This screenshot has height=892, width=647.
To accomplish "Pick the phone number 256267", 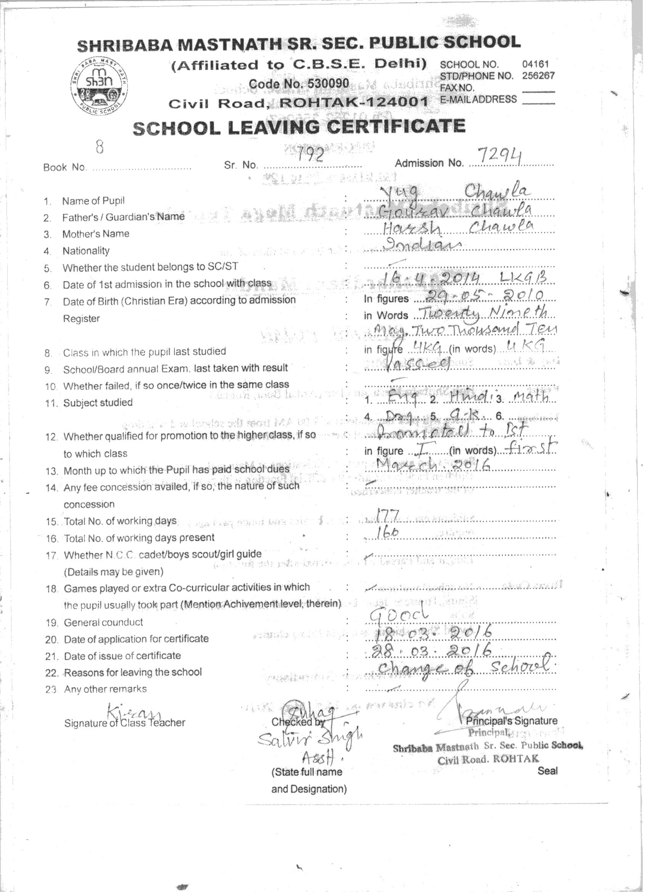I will pyautogui.click(x=538, y=76).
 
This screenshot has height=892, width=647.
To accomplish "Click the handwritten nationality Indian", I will pyautogui.click(x=421, y=245).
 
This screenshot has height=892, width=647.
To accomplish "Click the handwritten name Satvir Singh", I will pyautogui.click(x=310, y=740).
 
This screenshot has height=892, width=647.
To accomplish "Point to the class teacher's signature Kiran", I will pyautogui.click(x=134, y=710).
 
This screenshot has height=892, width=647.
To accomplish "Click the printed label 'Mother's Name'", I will pyautogui.click(x=96, y=233).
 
